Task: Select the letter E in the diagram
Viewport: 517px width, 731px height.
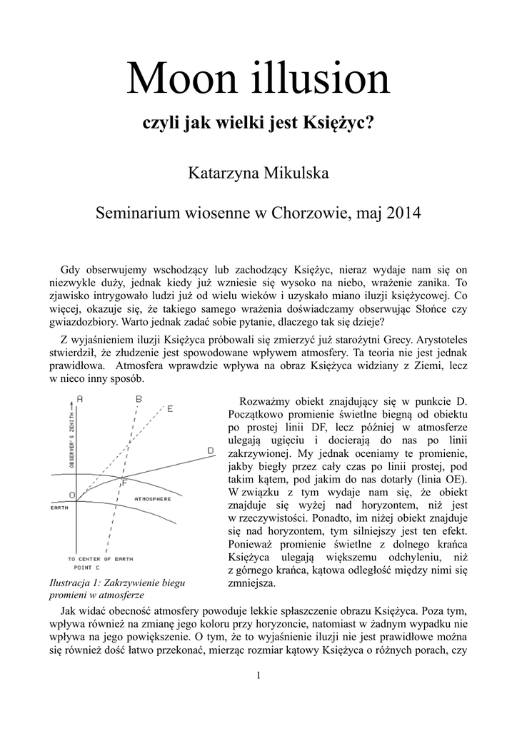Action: coord(170,408)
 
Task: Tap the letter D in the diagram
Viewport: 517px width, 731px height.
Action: coord(211,450)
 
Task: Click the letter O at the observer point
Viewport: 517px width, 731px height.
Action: coord(71,495)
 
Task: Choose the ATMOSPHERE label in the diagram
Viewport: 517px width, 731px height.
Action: coord(151,498)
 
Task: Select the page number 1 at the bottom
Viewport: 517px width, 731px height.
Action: coord(258,675)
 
